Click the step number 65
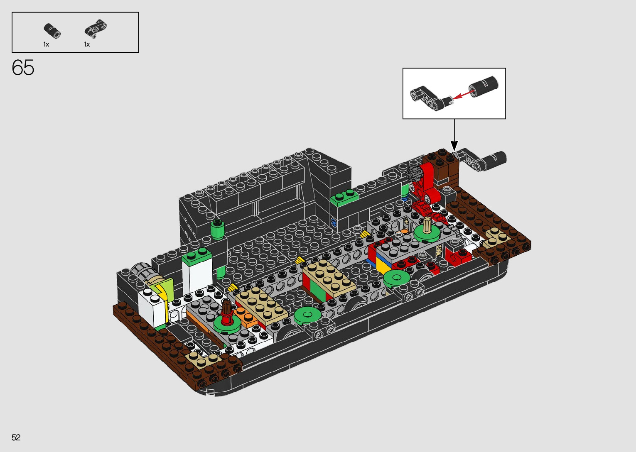click(23, 68)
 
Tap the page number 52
click(16, 437)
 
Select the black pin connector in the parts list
click(52, 31)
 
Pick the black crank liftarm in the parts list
click(96, 28)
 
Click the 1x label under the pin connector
click(46, 44)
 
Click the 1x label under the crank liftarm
click(87, 44)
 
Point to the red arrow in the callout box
click(463, 94)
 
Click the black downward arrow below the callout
click(454, 135)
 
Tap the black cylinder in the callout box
click(483, 86)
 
